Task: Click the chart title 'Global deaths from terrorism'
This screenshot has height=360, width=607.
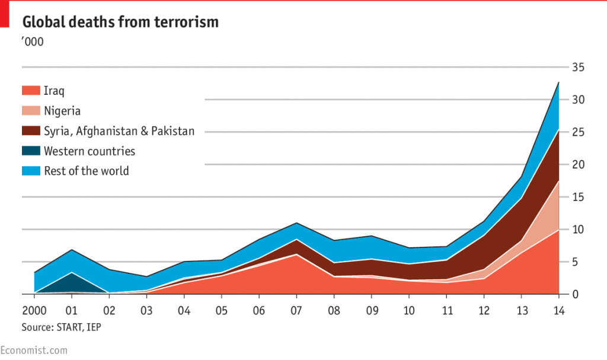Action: [120, 23]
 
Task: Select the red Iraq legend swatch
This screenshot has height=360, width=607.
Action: [31, 91]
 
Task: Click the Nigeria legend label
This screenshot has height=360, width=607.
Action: [62, 111]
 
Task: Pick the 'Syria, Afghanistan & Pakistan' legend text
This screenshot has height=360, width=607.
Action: [119, 131]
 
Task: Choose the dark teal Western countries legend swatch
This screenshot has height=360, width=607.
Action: [31, 151]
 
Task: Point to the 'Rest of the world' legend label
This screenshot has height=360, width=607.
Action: [86, 171]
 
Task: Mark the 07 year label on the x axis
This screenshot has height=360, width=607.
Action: [296, 311]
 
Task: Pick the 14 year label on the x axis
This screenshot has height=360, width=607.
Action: [558, 311]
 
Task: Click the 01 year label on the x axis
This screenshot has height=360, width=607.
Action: [71, 311]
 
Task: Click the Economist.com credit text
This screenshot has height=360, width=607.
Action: [34, 351]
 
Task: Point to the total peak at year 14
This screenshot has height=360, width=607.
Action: [558, 82]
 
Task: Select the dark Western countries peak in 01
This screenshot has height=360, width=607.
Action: [72, 273]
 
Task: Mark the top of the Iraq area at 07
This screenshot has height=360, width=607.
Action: [296, 254]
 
